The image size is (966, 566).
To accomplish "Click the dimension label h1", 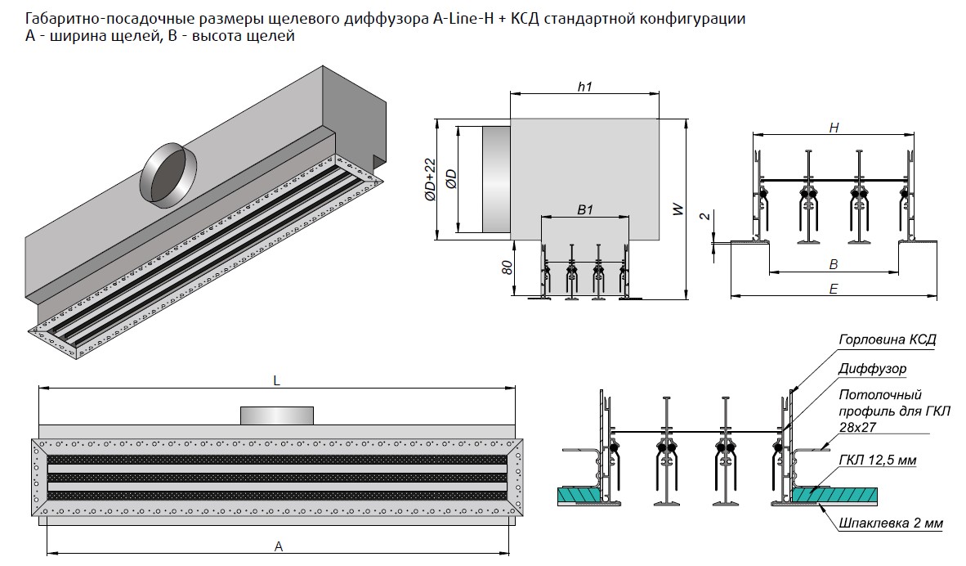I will pyautogui.click(x=584, y=87).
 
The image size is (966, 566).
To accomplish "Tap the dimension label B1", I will pyautogui.click(x=584, y=209).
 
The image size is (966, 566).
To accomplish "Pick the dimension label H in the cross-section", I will pyautogui.click(x=834, y=128).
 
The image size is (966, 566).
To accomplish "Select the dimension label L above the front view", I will pyautogui.click(x=277, y=380).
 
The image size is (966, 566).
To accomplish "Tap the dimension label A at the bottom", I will pyautogui.click(x=279, y=546).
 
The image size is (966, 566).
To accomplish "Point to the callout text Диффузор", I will pyautogui.click(x=872, y=369).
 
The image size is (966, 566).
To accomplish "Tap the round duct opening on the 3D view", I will pyautogui.click(x=168, y=173).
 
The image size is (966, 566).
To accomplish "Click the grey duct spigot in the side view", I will pyautogui.click(x=495, y=180).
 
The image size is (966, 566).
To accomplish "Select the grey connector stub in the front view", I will pyautogui.click(x=277, y=415).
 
